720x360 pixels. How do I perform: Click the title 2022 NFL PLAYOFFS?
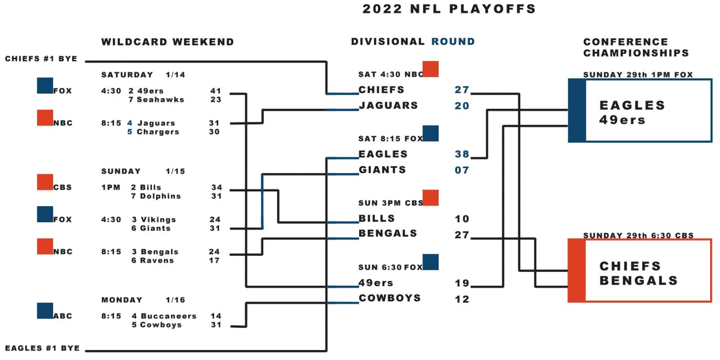449,9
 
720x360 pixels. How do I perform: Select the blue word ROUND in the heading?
453,41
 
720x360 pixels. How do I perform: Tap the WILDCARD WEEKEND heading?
167,42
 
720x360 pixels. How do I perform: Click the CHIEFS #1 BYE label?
41,58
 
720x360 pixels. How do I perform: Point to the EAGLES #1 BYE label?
42,348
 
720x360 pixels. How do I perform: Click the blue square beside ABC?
45,311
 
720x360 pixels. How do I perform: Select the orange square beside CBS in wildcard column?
45,182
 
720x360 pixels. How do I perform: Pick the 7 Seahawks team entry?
156,99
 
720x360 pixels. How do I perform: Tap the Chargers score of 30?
214,132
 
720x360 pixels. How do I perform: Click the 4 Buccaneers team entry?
164,316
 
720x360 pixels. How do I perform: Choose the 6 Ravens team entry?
153,261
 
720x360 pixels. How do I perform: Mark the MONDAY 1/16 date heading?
143,300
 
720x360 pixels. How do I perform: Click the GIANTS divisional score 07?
462,170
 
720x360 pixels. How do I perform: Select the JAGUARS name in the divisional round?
388,105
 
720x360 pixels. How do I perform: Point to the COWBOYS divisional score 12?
462,299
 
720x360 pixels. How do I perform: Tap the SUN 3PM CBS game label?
391,203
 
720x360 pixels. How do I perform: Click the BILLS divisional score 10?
462,219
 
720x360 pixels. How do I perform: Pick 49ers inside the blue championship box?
622,120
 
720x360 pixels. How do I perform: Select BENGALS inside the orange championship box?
639,281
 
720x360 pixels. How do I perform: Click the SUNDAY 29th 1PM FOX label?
638,75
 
